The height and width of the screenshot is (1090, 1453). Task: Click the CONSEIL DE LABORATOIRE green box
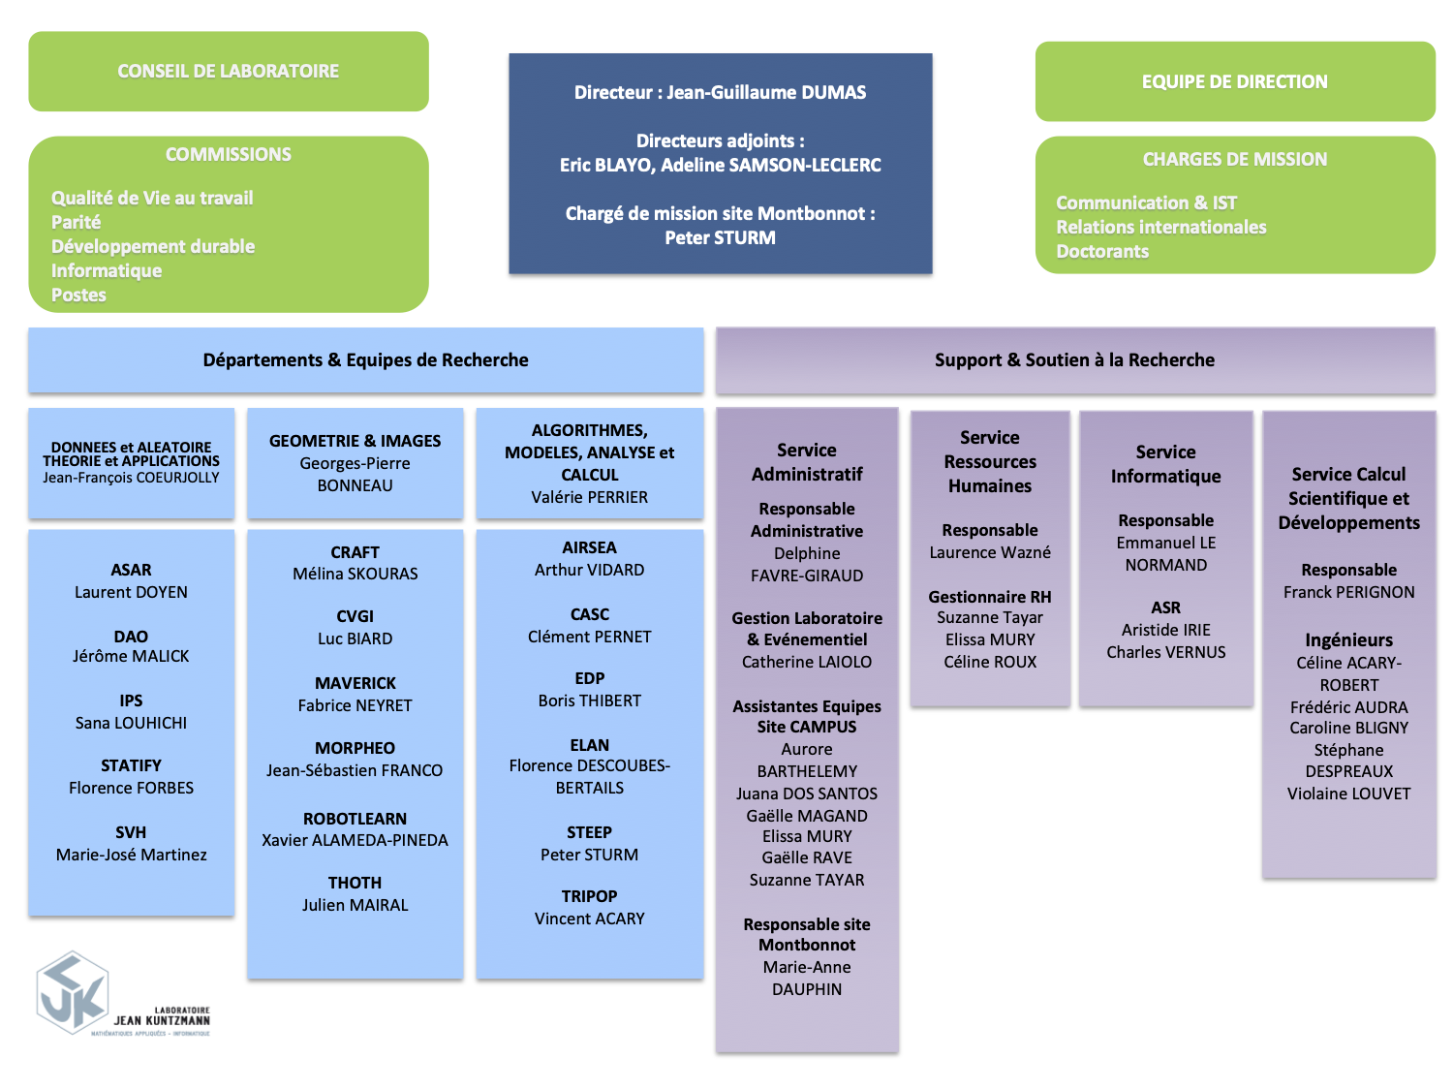[x=229, y=71]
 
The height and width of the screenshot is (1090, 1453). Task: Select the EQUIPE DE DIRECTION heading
[x=1234, y=81]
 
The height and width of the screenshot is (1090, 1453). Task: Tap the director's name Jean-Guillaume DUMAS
[x=766, y=93]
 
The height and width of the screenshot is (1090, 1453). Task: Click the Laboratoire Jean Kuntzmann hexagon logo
[x=73, y=993]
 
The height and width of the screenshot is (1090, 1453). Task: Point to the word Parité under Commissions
[x=77, y=222]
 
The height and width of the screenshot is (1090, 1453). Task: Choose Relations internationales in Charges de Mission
[x=1160, y=227]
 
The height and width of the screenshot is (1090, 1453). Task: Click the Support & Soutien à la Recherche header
[x=1074, y=360]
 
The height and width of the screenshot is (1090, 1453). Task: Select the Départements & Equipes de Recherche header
[x=365, y=360]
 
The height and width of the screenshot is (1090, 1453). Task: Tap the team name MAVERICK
[x=356, y=683]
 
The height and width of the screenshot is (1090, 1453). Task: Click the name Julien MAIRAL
[x=356, y=905]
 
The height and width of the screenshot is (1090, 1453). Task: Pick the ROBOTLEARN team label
[x=356, y=819]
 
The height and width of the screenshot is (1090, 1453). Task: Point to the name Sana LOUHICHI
[x=132, y=723]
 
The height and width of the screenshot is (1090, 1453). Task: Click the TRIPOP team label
[x=589, y=896]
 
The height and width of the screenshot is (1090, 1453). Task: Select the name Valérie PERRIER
[x=589, y=497]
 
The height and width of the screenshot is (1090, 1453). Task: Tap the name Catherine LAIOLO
[x=807, y=662]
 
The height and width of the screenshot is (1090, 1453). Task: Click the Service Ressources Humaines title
[x=990, y=462]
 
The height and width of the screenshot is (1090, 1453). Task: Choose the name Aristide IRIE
[x=1166, y=630]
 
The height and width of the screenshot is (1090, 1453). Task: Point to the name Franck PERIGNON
[x=1348, y=592]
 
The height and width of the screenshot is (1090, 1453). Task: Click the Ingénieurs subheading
[x=1348, y=639]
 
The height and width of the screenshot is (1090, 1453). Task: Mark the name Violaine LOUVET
[x=1348, y=794]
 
